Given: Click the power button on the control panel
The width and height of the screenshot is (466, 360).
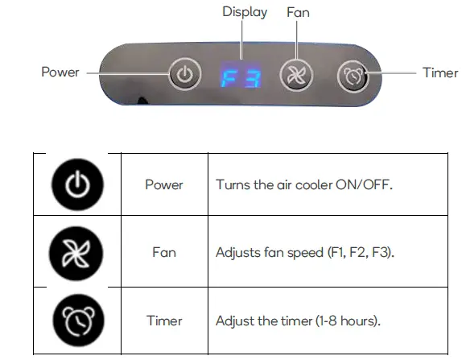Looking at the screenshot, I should click(184, 76).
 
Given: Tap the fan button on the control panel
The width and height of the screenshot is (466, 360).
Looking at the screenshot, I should click(293, 76).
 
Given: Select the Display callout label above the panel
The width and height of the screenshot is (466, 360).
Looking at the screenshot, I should click(245, 12).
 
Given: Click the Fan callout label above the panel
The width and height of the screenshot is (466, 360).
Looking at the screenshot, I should click(298, 12).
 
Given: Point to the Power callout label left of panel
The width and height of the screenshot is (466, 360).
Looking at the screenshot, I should click(60, 72).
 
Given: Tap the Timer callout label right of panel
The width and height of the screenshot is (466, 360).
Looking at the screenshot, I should click(440, 72).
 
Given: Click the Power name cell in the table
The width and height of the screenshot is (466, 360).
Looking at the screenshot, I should click(164, 184).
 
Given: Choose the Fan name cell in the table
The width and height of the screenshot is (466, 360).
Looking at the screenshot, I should click(164, 252).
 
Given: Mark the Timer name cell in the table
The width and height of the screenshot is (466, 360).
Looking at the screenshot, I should click(164, 321).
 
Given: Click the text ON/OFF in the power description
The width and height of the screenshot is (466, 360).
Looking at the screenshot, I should click(365, 184).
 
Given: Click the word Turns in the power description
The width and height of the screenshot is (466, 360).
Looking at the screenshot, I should click(231, 184).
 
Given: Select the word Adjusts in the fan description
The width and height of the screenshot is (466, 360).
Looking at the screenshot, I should click(237, 252).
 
